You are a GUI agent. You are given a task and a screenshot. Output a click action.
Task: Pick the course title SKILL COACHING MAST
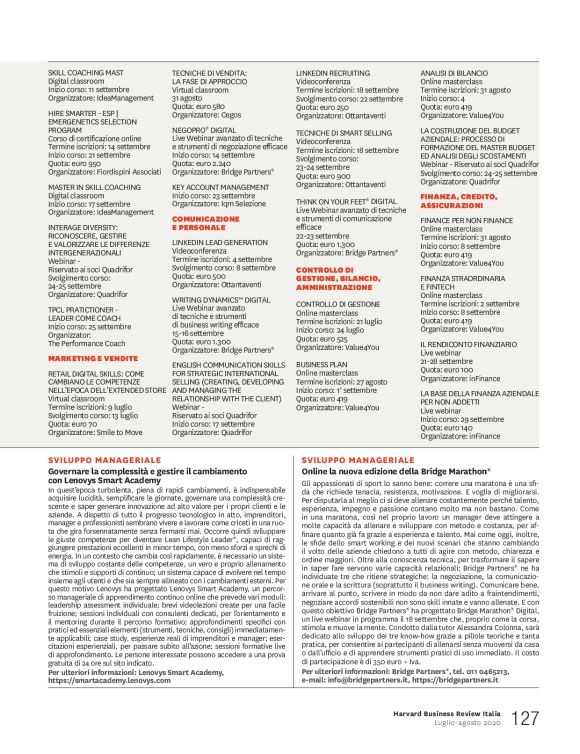[85, 73]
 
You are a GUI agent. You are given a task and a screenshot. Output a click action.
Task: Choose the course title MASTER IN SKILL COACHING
[94, 186]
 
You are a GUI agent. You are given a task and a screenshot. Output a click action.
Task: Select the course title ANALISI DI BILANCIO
[454, 73]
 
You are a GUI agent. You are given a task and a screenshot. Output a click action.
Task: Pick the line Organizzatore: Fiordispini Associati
[105, 170]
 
